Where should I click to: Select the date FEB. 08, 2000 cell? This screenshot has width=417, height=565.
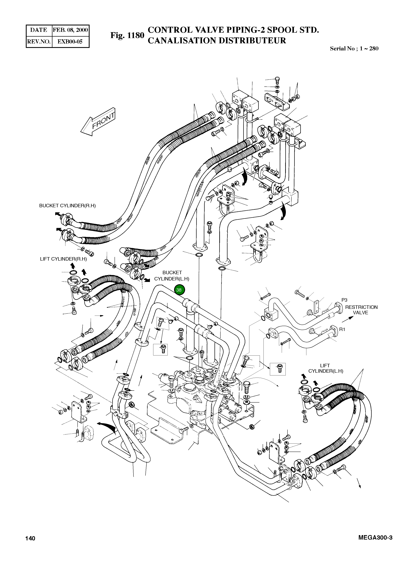pos(70,30)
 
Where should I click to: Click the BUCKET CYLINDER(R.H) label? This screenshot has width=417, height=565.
pos(67,206)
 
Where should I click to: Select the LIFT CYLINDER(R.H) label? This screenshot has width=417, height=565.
pos(63,259)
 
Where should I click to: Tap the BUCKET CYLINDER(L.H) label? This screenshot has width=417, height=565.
pos(172,276)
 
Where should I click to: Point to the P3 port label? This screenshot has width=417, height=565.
pos(344,300)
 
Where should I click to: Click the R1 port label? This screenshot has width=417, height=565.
pos(342,329)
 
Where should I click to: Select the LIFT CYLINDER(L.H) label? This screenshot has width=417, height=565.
pos(326,368)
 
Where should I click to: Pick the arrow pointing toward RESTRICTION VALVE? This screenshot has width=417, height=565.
pos(348,320)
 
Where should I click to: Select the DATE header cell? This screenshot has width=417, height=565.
pos(39,30)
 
